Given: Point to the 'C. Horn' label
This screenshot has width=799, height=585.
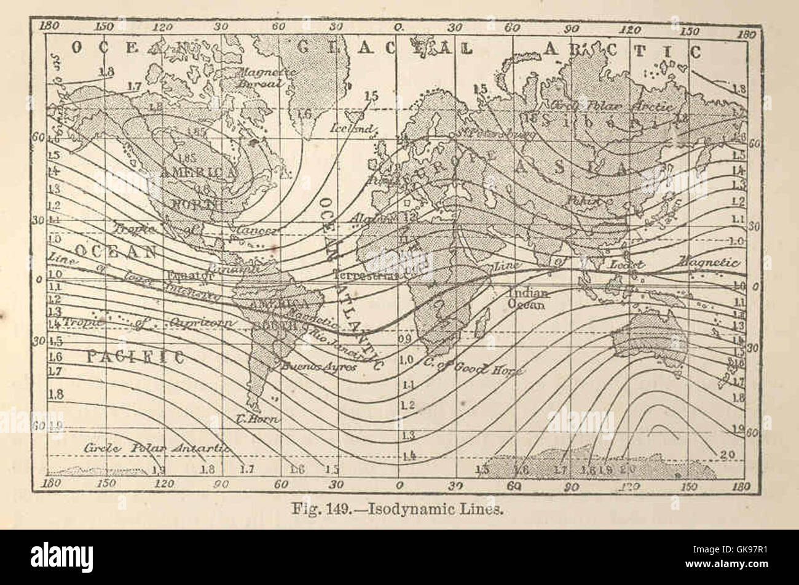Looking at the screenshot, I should click(258, 420).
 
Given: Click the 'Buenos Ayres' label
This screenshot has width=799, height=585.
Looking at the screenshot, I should click(319, 367).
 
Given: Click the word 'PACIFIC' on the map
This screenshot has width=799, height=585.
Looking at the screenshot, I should click(135, 357).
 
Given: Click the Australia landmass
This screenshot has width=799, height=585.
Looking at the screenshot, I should click(651, 338).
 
